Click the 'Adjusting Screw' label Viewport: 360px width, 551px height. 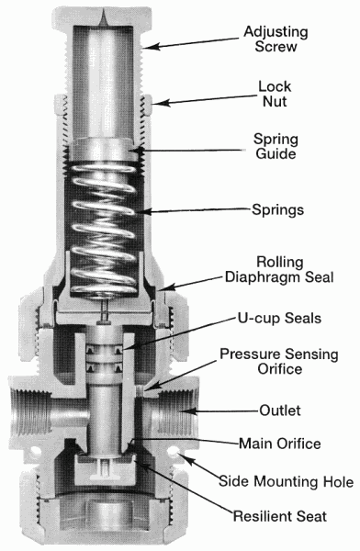pos(276,39)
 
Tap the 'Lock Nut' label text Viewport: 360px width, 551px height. pos(275,94)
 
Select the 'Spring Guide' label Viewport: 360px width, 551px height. pos(276,146)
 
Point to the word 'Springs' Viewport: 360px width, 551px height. pos(277,209)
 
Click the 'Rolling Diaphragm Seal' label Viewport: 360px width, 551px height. pos(279,269)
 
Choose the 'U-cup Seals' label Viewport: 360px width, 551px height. pos(279,318)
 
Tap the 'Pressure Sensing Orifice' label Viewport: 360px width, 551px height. pos(279,361)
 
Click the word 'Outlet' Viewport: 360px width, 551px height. pos(280,410)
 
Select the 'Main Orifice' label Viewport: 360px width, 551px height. pos(280,444)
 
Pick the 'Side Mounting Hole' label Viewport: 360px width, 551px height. pos(287,481)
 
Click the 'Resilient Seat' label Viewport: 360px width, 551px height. pos(280,516)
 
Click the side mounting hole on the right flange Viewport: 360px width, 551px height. pos(173,451)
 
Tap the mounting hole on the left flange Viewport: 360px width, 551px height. pos(35,451)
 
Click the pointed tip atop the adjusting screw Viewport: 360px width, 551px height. pos(103,17)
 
